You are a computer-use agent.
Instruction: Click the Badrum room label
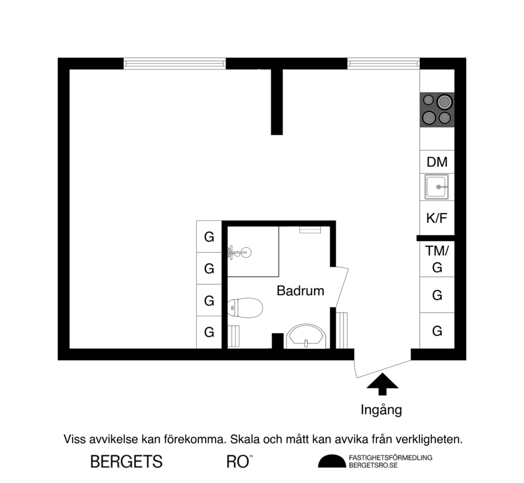(x=300, y=291)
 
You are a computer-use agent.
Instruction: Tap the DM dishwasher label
(x=437, y=162)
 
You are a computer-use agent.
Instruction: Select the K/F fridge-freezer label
(x=437, y=218)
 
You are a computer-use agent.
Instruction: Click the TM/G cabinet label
(x=437, y=259)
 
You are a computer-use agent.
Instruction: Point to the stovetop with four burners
(x=437, y=109)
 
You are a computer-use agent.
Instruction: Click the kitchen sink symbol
(x=437, y=187)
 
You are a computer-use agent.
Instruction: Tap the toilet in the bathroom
(x=245, y=308)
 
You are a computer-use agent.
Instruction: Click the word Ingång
(x=381, y=409)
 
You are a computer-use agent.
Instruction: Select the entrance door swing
(x=381, y=365)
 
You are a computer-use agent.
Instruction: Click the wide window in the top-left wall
(x=174, y=63)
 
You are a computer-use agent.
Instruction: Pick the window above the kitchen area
(x=383, y=63)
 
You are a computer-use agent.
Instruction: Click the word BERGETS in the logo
(x=126, y=462)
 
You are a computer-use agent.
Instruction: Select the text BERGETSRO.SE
(x=373, y=465)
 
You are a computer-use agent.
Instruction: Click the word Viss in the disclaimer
(x=74, y=439)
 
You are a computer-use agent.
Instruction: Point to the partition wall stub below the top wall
(x=277, y=102)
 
